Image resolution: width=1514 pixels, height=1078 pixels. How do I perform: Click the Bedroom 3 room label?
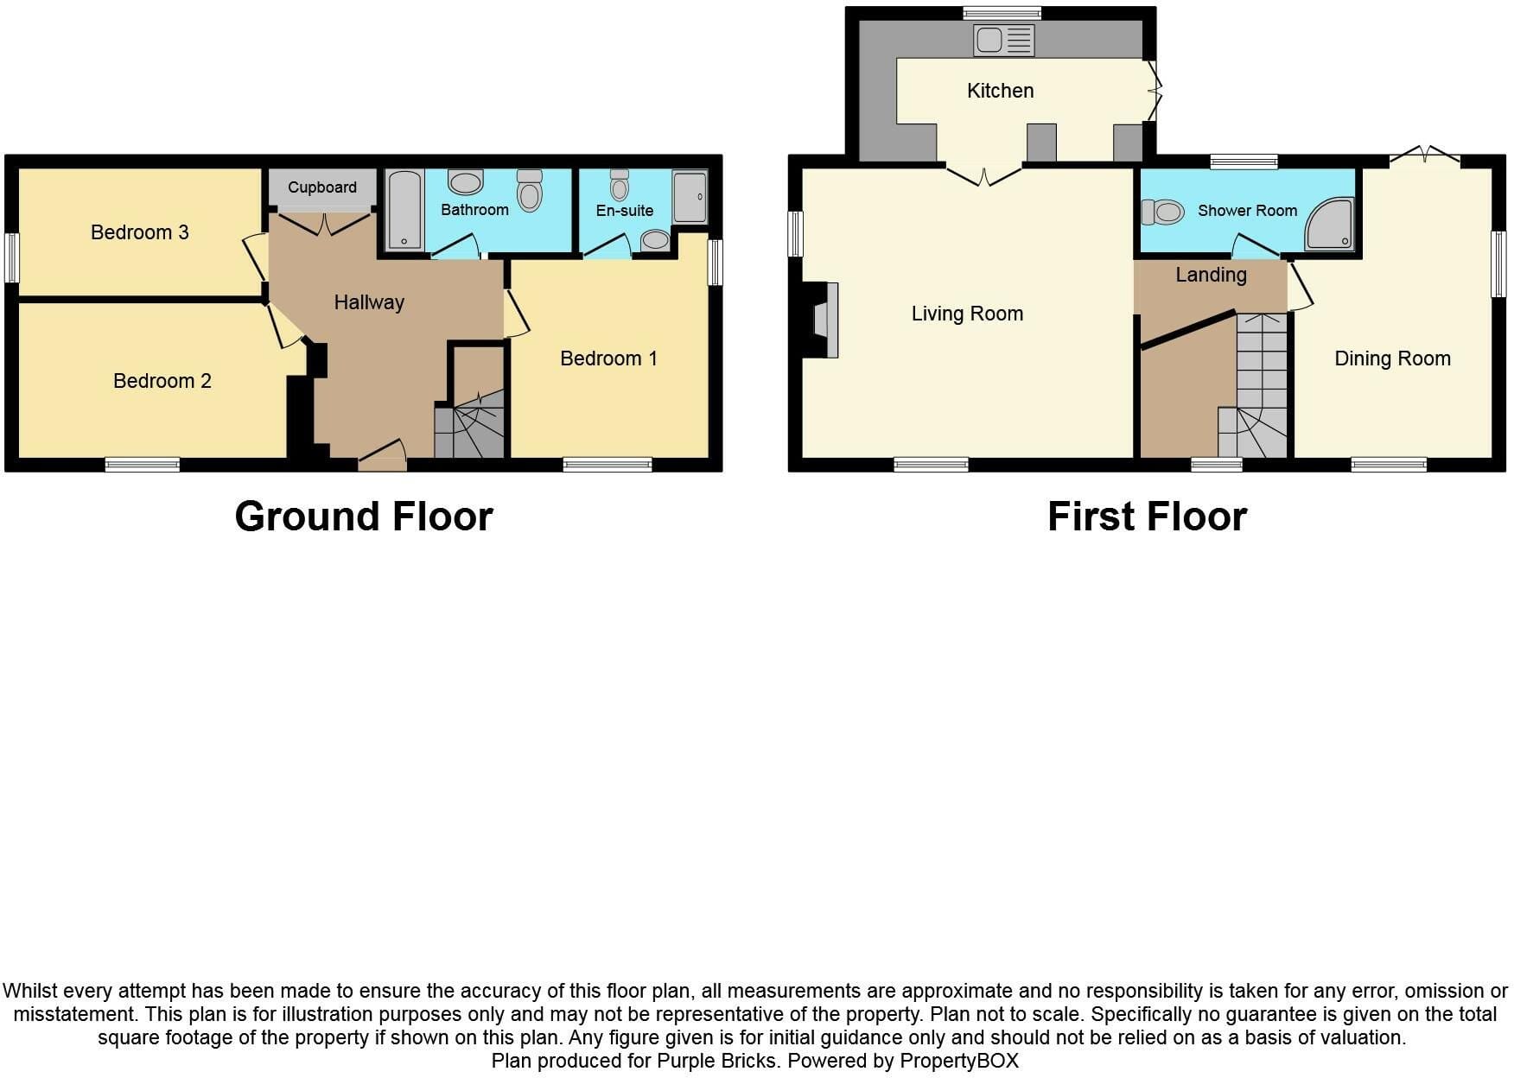pos(139,232)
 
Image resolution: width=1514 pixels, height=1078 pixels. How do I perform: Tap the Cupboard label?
pos(322,187)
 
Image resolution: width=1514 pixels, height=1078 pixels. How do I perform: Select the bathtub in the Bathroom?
pos(404,209)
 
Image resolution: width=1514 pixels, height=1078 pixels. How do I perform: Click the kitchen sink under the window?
pos(1003,40)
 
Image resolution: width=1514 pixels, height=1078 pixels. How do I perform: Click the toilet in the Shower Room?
pos(1162,212)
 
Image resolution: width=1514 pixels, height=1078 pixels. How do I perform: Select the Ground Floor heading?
pos(364,517)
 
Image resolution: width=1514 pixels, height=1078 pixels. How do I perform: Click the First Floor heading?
pos(1147,517)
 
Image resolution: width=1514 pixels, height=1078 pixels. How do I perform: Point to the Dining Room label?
pos(1392,358)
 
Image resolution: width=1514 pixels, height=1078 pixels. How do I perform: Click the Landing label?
pos(1211,275)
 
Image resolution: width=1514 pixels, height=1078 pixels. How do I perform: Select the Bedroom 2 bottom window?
pos(143,465)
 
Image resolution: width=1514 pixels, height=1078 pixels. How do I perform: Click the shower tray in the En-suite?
pos(690,197)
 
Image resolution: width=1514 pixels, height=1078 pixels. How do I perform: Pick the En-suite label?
pos(624,210)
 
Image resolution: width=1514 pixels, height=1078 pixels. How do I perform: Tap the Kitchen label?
pos(1000,91)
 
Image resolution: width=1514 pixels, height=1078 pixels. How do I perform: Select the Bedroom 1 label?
pos(608,358)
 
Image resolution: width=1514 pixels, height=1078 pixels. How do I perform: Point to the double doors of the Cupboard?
pos(325,223)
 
